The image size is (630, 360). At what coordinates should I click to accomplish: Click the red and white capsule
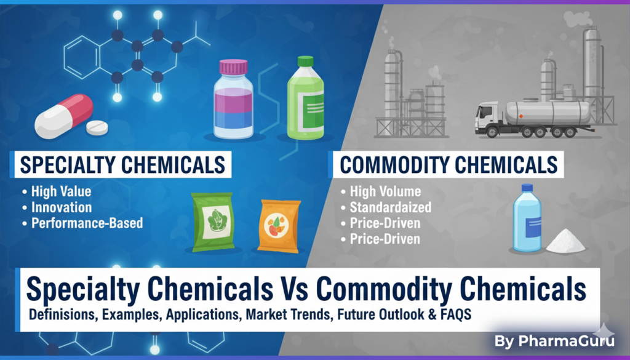63,115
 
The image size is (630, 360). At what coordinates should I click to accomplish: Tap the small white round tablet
97,127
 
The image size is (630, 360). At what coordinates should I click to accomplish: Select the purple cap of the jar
233,67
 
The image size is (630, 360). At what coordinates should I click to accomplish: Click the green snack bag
213,222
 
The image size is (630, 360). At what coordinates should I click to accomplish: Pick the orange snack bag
279,226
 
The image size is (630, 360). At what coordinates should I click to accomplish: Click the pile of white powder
565,242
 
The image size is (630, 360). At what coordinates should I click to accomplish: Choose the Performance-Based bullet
87,223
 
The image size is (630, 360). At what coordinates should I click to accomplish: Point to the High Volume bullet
385,192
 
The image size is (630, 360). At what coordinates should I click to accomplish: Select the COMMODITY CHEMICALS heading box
449,165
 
